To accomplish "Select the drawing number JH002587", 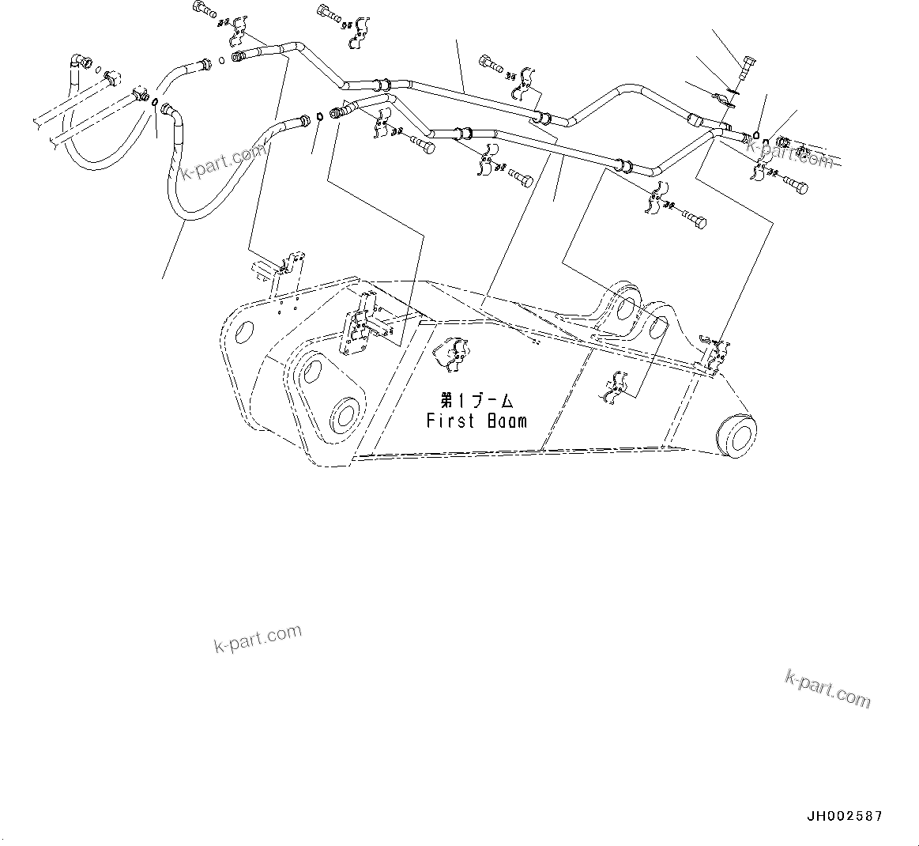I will (844, 816).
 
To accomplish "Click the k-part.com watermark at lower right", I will (827, 688).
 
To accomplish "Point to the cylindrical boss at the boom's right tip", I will (736, 434).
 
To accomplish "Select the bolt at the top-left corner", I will (205, 10).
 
